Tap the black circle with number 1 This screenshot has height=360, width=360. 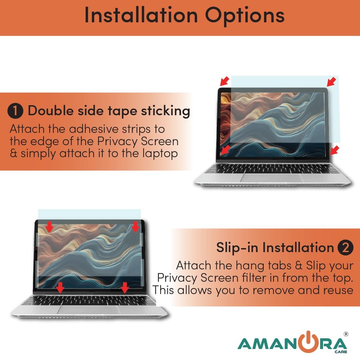click(15, 111)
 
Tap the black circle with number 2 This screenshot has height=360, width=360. click(345, 247)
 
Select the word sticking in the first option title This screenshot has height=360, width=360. click(165, 111)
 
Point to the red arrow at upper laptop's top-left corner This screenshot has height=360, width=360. click(225, 81)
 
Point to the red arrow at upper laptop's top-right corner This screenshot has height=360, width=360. click(331, 82)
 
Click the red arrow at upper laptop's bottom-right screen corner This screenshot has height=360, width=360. click(334, 150)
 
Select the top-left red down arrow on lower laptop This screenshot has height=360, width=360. click(49, 227)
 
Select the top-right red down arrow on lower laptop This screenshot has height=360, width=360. click(136, 227)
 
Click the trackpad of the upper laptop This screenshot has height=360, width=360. click(272, 178)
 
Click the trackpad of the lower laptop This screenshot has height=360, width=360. click(89, 310)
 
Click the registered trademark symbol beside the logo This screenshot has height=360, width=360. click(346, 334)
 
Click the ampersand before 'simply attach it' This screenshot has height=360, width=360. click(13, 153)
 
